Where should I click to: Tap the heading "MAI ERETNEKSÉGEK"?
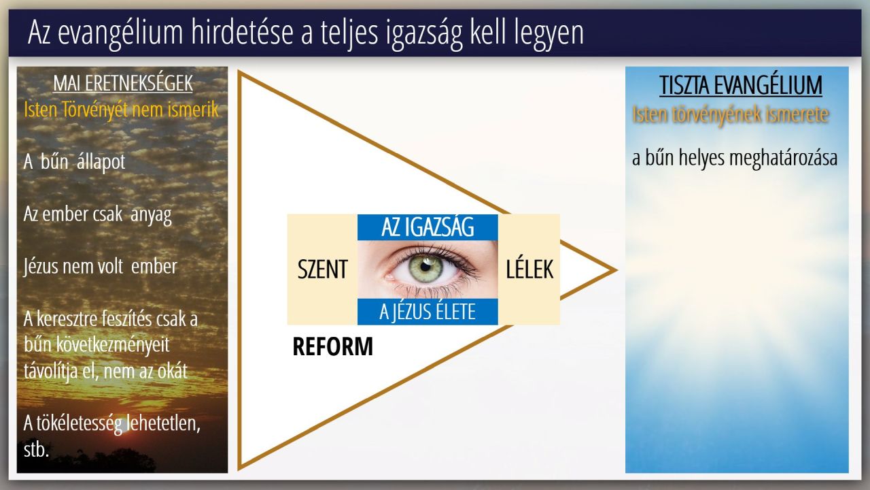pos(123,83)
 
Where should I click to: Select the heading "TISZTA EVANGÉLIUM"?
pos(741,85)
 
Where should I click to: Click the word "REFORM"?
pos(332,346)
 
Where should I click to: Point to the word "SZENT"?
pos(322,269)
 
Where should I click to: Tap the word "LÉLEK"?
pos(529,269)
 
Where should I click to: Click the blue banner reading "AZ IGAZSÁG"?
pos(428,227)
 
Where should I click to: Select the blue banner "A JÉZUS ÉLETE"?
pos(428,312)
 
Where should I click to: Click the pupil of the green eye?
pos(425,267)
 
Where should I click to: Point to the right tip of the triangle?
pos(616,270)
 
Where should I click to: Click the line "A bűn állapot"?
pos(74,162)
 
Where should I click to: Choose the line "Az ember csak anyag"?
pos(97,214)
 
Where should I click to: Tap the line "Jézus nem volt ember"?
pos(100,267)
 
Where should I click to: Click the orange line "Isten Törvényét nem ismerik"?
pos(121,110)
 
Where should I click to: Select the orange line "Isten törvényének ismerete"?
pos(731,115)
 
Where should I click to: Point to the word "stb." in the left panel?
pos(36,450)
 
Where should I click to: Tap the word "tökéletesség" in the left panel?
pos(80,423)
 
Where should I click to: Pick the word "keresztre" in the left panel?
pos(67,319)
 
